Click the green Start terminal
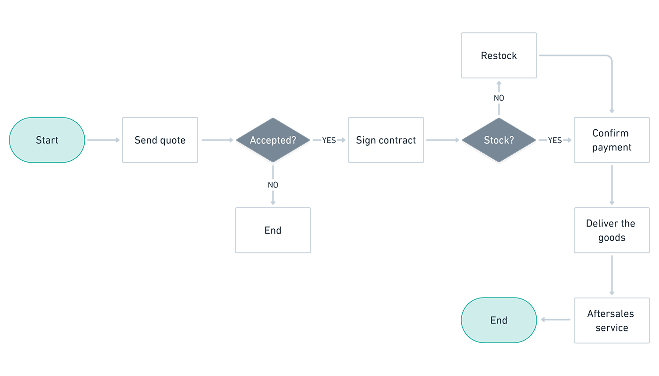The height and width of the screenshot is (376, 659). pyautogui.click(x=47, y=140)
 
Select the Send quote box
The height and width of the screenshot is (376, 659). pyautogui.click(x=160, y=140)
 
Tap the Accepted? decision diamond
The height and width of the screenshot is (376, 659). pyautogui.click(x=273, y=140)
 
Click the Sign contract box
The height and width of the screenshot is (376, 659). pyautogui.click(x=386, y=140)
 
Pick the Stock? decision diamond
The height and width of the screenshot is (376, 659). pyautogui.click(x=499, y=140)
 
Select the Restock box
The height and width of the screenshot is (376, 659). pyautogui.click(x=499, y=55)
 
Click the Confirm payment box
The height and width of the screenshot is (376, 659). pyautogui.click(x=612, y=140)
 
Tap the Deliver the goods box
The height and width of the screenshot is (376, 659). pyautogui.click(x=612, y=230)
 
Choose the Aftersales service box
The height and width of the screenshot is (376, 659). pyautogui.click(x=612, y=320)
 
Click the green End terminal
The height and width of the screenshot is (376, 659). pyautogui.click(x=499, y=320)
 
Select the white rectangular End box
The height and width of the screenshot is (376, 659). pyautogui.click(x=273, y=230)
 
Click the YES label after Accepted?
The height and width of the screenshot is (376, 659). pyautogui.click(x=329, y=140)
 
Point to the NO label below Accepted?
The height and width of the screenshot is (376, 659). pyautogui.click(x=273, y=185)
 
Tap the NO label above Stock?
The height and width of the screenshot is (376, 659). pyautogui.click(x=499, y=98)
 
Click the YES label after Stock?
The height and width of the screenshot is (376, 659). pyautogui.click(x=555, y=140)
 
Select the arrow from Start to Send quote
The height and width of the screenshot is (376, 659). pyautogui.click(x=104, y=140)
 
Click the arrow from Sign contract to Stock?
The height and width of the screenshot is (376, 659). pyautogui.click(x=442, y=140)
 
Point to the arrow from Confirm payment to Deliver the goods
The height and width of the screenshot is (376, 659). pyautogui.click(x=612, y=185)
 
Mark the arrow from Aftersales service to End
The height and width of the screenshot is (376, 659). pyautogui.click(x=555, y=320)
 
